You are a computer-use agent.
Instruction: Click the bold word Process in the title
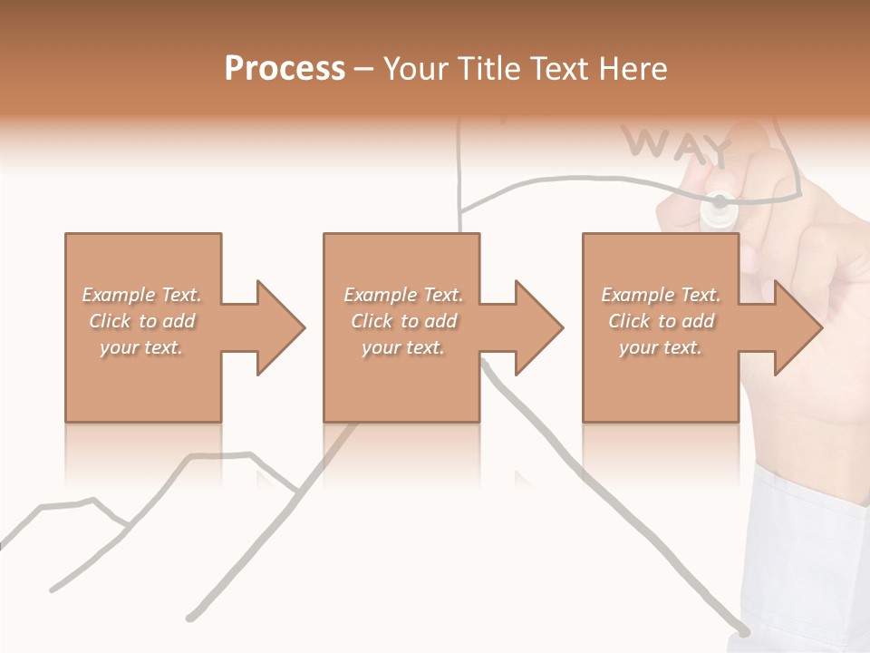coord(285,69)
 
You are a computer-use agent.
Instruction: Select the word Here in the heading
coord(632,69)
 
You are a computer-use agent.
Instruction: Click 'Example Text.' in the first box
coord(141,295)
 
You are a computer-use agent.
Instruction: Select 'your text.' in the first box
coord(141,347)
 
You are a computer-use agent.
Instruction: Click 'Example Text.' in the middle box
coord(403,295)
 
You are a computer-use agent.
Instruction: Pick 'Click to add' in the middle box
coord(403,321)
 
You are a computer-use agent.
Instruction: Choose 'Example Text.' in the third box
coord(661,295)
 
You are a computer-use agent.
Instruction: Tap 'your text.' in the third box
coord(661,347)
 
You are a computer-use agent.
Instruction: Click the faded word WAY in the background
coord(675,144)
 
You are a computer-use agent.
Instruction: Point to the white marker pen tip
coord(719,205)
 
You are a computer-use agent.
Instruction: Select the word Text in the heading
coord(558,69)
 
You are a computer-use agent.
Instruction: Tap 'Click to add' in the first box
coord(141,321)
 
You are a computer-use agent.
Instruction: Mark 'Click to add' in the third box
coord(661,321)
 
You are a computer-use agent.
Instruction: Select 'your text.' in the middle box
coord(403,347)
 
